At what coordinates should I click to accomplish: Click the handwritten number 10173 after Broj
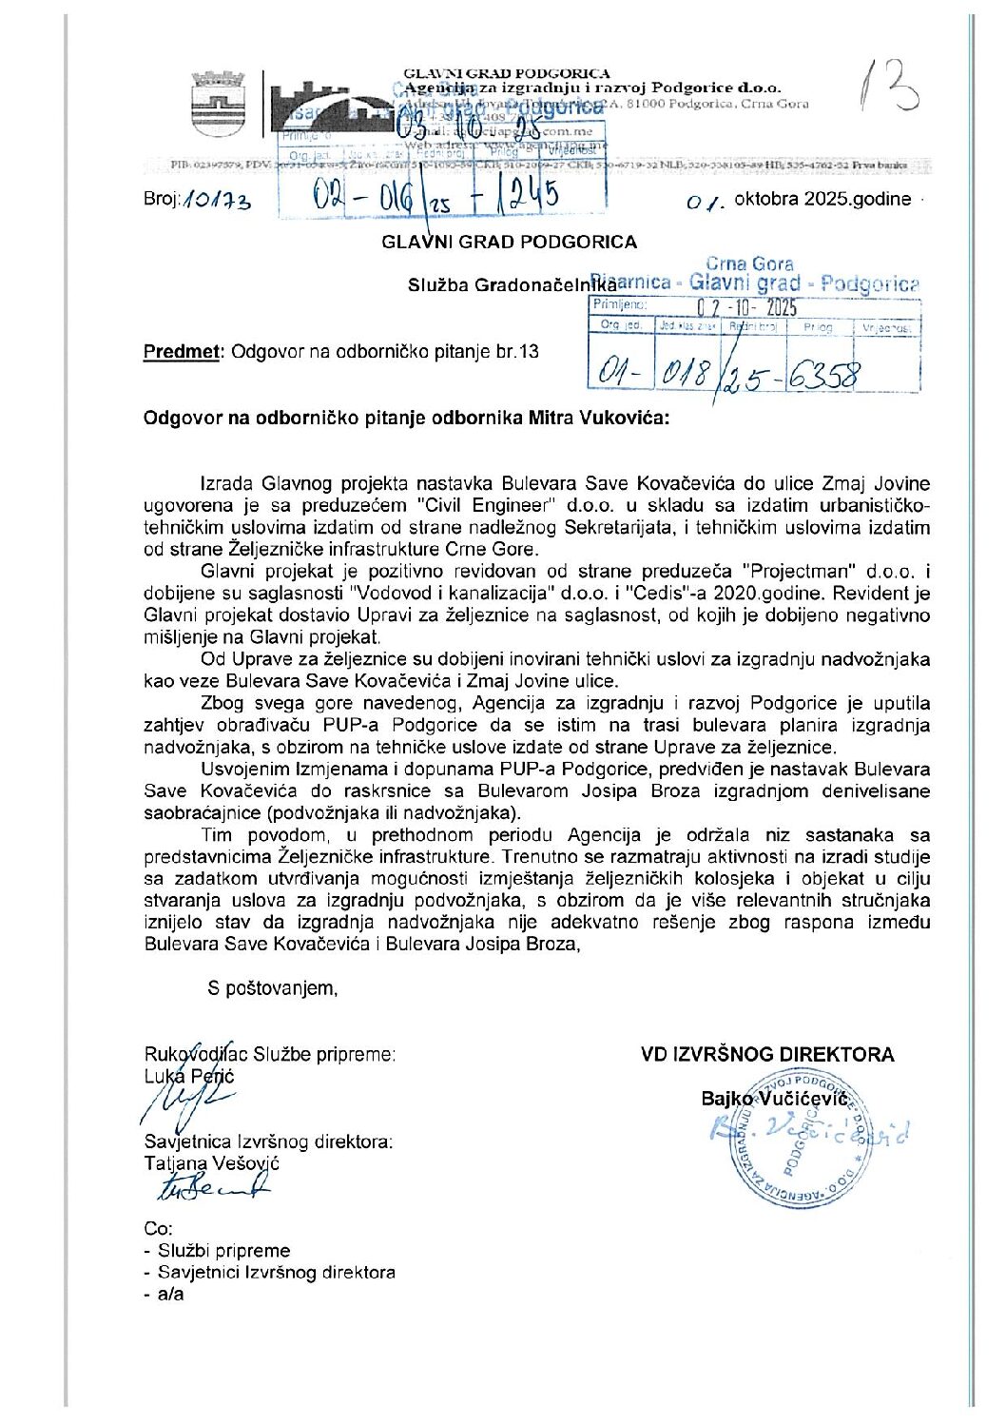(217, 201)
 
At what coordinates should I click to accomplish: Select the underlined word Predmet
(182, 352)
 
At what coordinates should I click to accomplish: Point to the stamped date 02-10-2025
(746, 307)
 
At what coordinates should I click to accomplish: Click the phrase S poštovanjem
(273, 988)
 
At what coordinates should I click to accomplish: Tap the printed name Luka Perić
(189, 1076)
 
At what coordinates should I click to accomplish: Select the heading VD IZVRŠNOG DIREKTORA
(767, 1054)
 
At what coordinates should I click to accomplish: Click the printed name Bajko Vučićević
(774, 1099)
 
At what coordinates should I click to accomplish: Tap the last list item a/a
(170, 1295)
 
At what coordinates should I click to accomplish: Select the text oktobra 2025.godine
(822, 200)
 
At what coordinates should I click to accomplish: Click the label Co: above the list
(158, 1229)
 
